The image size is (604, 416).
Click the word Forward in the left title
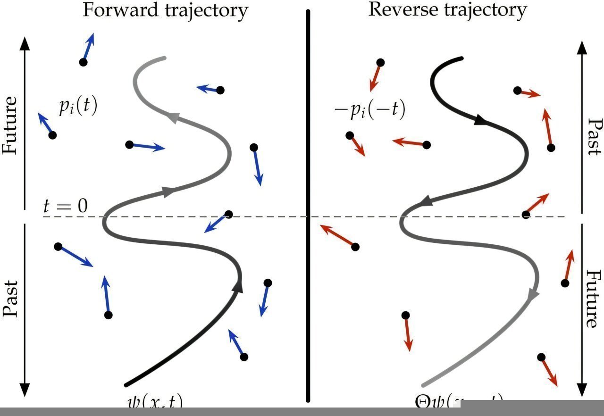[x=112, y=10]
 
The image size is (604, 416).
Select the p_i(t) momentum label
[x=78, y=107]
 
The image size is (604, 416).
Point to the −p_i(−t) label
[x=369, y=109]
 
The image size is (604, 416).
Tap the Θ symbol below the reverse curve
[x=422, y=402]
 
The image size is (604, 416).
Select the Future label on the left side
[x=10, y=125]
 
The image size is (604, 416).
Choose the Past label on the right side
[x=594, y=136]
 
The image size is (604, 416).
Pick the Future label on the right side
[x=594, y=299]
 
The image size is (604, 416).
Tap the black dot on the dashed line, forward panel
[x=229, y=215]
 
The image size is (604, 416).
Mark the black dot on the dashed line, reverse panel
[x=526, y=215]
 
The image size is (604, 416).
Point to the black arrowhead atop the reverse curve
[x=480, y=121]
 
